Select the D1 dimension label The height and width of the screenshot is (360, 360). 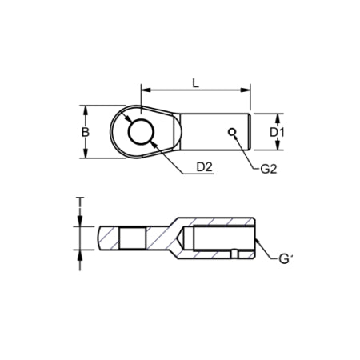pos(276,130)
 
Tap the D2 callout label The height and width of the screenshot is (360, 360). pos(205,167)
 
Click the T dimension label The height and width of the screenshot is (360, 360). pos(80,201)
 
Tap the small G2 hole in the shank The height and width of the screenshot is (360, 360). pos(231,131)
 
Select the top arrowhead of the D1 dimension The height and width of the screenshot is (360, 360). pos(277,115)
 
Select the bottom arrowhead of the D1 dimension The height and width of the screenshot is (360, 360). pos(277,147)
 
